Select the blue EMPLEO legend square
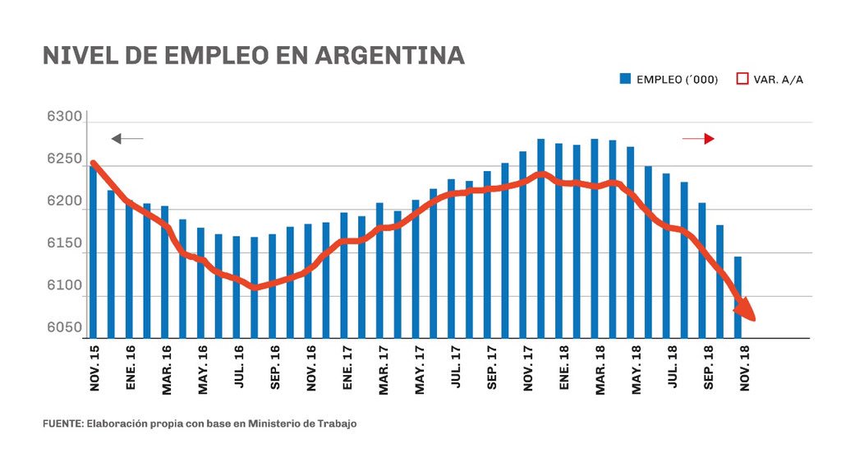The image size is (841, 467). tap(625, 79)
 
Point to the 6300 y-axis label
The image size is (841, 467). tap(65, 118)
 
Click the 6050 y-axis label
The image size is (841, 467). tap(65, 328)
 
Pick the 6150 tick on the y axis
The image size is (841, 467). tap(65, 244)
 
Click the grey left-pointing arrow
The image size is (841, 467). tap(126, 139)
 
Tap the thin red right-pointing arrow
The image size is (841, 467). tap(699, 139)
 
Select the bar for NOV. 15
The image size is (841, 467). tap(93, 251)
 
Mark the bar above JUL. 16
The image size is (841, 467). tap(237, 286)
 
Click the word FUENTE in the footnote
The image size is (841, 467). tap(62, 424)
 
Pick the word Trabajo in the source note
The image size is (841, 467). tap(338, 424)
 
